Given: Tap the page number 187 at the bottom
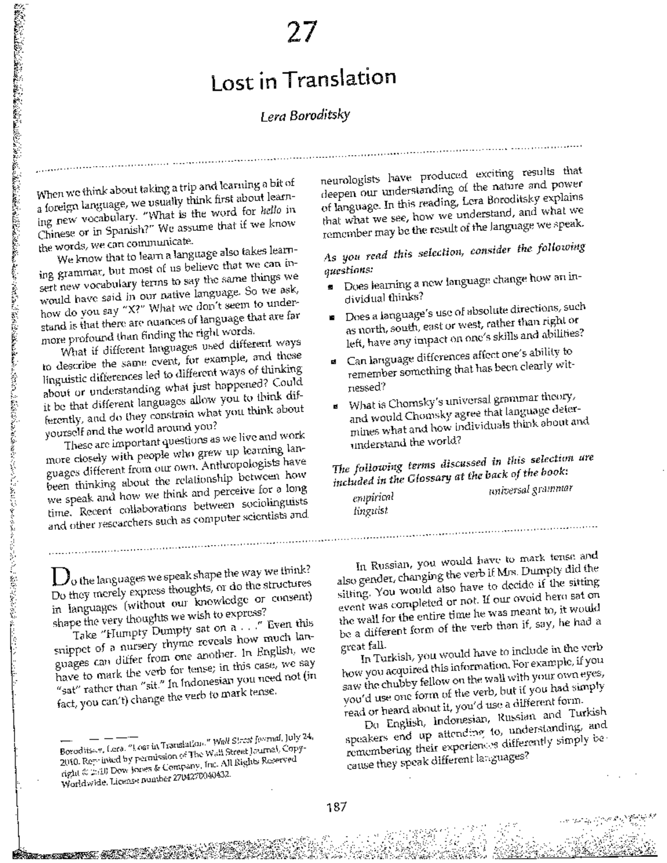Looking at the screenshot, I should (336, 806).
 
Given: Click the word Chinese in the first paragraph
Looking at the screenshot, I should (55, 233).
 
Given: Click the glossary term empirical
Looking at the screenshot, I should (373, 497).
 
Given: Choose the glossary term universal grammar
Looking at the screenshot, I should (530, 489).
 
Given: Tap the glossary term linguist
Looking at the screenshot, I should (371, 510).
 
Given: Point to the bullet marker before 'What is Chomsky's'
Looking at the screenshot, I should (335, 405).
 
